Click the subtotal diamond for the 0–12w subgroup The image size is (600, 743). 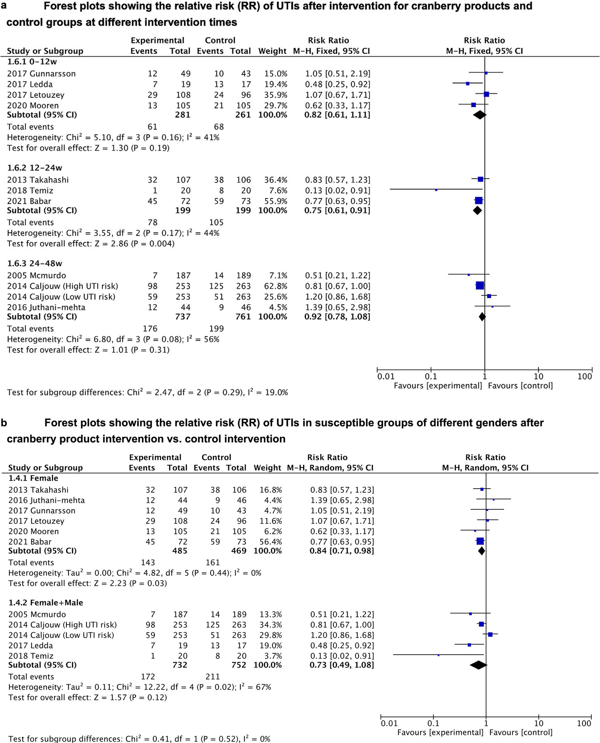click(480, 115)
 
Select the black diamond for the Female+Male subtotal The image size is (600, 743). click(478, 665)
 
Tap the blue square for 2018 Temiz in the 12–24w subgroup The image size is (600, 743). click(436, 190)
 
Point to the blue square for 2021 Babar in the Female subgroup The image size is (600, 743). click(480, 542)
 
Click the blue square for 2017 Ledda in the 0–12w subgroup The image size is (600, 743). click(467, 84)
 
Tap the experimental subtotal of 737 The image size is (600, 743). click(183, 317)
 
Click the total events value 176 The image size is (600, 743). click(150, 329)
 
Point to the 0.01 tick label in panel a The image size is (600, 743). click(386, 376)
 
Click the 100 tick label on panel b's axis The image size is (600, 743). click(584, 723)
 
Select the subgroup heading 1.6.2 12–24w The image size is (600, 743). click(35, 168)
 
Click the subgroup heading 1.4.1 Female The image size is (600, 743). click(33, 478)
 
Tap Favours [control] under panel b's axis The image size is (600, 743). click(521, 732)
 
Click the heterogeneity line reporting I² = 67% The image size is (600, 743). click(140, 687)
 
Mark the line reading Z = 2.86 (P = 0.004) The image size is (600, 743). click(91, 244)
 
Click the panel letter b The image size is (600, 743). click(4, 423)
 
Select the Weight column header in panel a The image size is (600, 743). click(272, 51)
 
